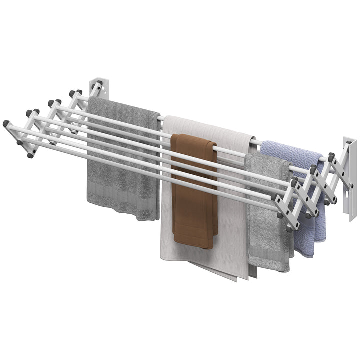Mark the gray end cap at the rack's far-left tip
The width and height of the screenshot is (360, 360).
(x=6, y=123)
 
